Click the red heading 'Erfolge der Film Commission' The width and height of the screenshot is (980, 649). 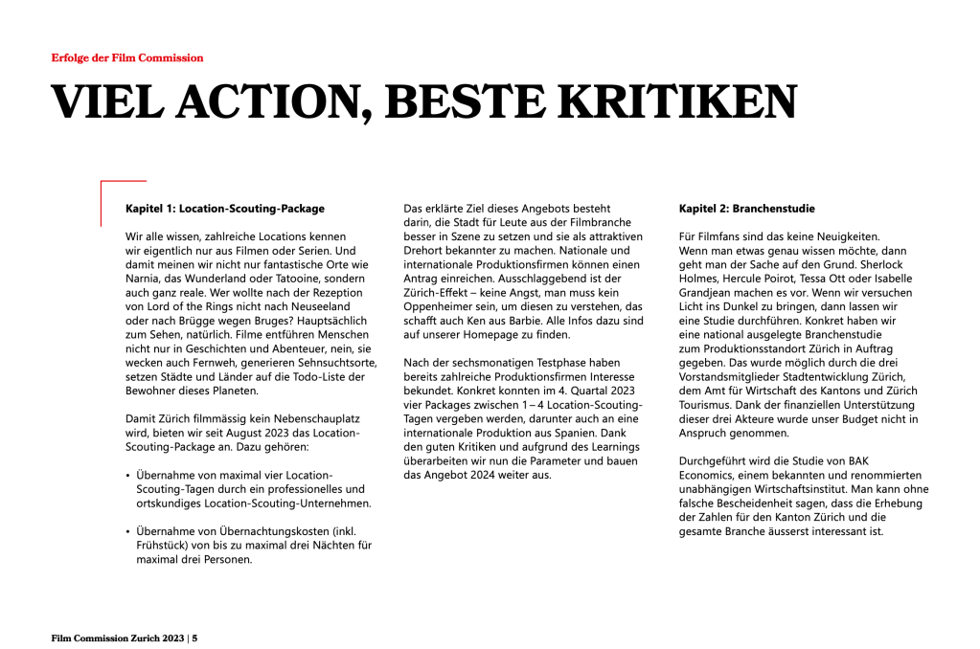(126, 57)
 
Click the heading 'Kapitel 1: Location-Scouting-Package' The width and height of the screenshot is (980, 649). (225, 208)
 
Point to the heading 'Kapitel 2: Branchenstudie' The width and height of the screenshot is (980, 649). (746, 208)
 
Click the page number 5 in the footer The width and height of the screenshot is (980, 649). (194, 638)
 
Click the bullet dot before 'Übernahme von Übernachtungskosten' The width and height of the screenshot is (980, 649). (129, 531)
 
